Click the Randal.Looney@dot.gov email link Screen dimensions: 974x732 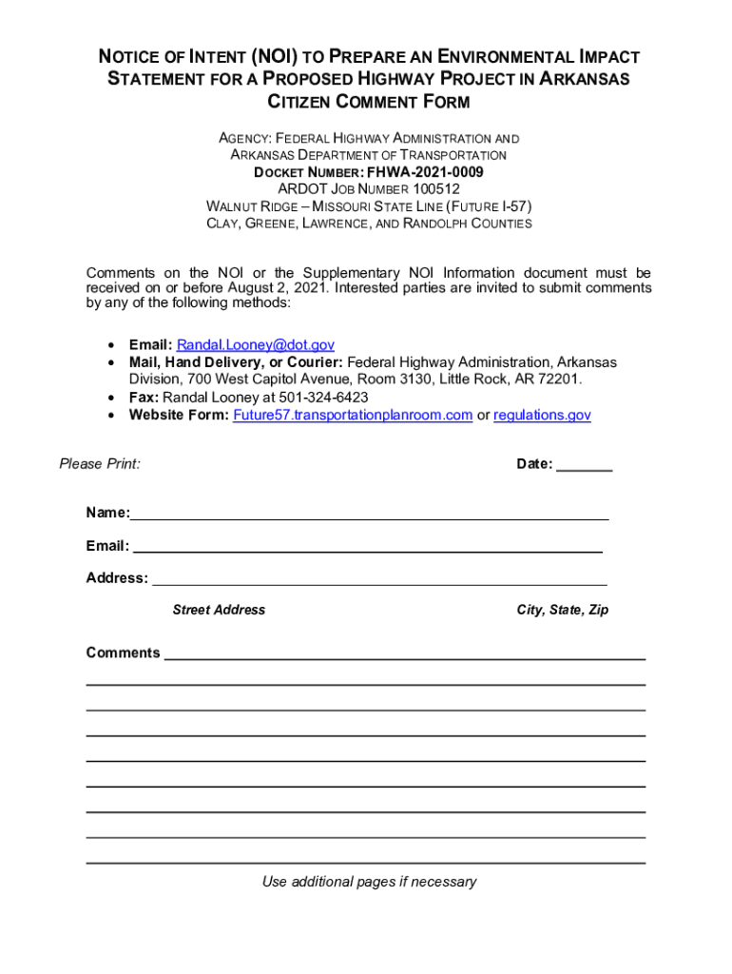tap(255, 345)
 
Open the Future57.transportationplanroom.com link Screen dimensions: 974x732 tap(353, 416)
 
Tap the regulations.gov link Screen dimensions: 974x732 tap(542, 416)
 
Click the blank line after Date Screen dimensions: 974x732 tap(584, 466)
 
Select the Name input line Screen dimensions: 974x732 tap(369, 516)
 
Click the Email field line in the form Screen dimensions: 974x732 tap(367, 548)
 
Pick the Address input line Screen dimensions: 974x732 tap(379, 580)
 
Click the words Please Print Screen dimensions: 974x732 tap(100, 464)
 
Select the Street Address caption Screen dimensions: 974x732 tap(219, 610)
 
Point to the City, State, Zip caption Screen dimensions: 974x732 tap(563, 610)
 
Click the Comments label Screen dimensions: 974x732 tap(123, 653)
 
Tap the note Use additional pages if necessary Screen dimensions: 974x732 tap(369, 882)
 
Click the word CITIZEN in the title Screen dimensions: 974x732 tap(303, 102)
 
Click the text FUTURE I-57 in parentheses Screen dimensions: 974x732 tap(491, 206)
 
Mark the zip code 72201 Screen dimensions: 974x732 tap(557, 380)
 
